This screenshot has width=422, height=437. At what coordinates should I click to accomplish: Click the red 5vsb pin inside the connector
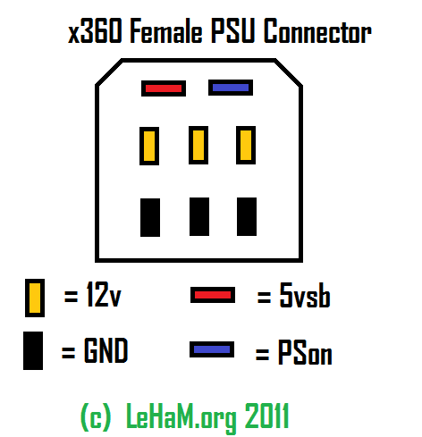click(x=164, y=88)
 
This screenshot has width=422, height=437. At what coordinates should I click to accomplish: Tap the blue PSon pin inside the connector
click(x=231, y=88)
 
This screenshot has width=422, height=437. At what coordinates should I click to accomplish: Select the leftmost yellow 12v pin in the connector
click(x=149, y=146)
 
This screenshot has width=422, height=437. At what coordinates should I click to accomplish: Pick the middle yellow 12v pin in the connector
click(x=198, y=145)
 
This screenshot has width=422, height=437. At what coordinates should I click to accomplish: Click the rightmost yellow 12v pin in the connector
click(x=246, y=145)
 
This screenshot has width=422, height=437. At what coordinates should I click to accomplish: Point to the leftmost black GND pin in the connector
click(x=150, y=217)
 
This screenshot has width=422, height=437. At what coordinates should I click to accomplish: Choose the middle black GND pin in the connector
click(x=199, y=216)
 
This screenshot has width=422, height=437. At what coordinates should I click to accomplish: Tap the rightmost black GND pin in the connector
click(x=247, y=216)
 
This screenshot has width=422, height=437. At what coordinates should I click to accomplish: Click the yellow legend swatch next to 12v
click(x=35, y=298)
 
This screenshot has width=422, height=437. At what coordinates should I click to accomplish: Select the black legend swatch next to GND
click(x=33, y=350)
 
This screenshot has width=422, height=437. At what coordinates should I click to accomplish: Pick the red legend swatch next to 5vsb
click(x=213, y=295)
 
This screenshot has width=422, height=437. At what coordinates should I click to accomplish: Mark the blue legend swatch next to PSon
click(x=212, y=349)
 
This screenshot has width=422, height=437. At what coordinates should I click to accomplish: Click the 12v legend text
click(x=104, y=294)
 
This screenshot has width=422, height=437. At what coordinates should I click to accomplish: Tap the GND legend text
click(x=106, y=350)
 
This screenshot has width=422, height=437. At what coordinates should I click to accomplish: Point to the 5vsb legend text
click(x=305, y=295)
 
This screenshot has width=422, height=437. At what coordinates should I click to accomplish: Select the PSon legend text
click(x=305, y=352)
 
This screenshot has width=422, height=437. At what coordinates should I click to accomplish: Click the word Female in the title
click(x=166, y=30)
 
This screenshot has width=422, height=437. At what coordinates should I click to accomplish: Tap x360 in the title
click(x=95, y=30)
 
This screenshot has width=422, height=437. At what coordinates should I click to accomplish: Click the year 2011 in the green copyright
click(x=266, y=416)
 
